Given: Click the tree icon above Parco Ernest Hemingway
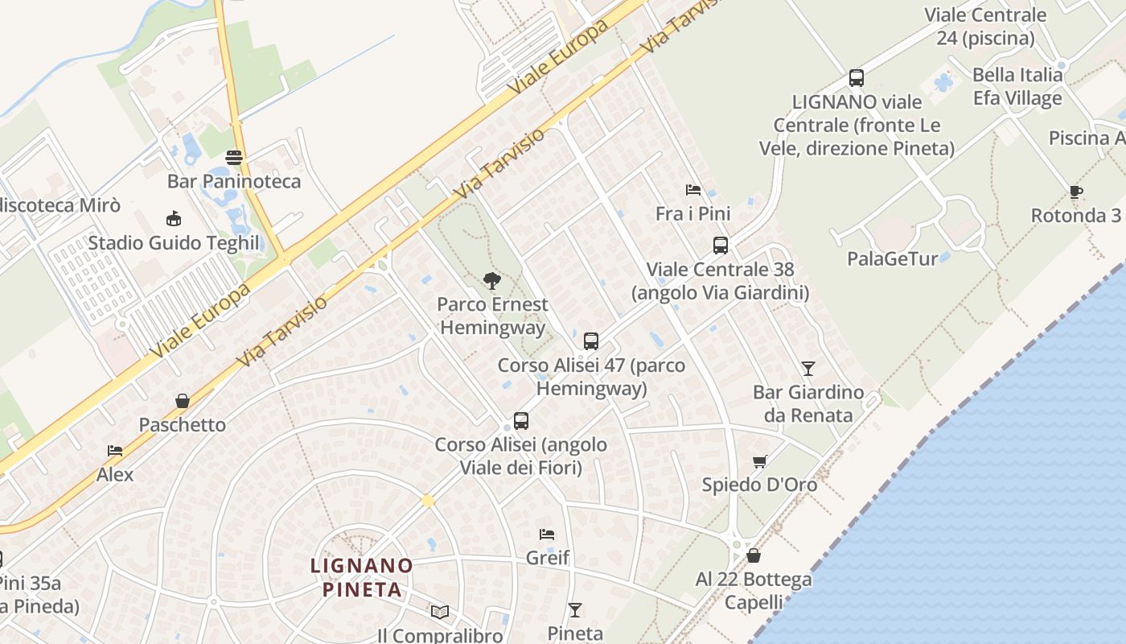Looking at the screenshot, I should coord(492,280).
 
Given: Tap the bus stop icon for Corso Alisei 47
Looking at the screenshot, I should coord(591,341).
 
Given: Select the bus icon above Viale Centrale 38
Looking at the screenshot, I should coord(721,245).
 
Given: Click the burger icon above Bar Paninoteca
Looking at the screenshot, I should coord(234,157).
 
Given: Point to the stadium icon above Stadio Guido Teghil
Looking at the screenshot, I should coord(173,218).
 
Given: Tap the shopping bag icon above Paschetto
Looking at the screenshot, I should coord(183,401).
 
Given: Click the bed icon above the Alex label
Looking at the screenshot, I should coord(115,451).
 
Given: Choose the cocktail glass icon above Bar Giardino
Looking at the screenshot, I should coord(808,368).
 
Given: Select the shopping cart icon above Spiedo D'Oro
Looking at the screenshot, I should coord(759,461).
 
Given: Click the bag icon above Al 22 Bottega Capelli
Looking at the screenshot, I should coord(754,555).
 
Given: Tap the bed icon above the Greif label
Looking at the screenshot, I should coord(547,534).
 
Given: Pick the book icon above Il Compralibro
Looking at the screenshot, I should coord(440,612).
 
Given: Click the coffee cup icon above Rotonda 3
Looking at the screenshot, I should coord(1076,192).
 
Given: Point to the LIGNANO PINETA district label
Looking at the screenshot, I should coord(362,577).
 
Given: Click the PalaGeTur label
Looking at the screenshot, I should coord(893,258).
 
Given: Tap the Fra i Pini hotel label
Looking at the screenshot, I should coord(693,213).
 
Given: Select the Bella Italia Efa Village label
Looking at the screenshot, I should coord(1017,87).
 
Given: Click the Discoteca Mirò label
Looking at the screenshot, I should coord(60,205).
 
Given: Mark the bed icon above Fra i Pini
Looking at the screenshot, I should coord(693,190).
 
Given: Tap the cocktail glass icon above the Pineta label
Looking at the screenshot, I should coord(575,609).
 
